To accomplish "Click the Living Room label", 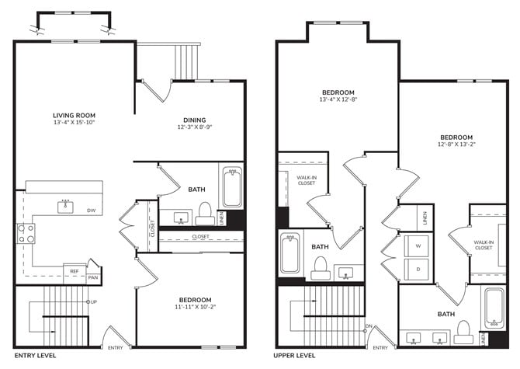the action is pyautogui.click(x=74, y=116).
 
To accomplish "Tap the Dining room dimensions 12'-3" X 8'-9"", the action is pyautogui.click(x=195, y=127).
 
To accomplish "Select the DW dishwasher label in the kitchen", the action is pyautogui.click(x=92, y=211).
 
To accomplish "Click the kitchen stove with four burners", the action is pyautogui.click(x=26, y=234).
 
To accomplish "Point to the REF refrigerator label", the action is pyautogui.click(x=75, y=271).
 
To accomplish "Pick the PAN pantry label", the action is pyautogui.click(x=93, y=277).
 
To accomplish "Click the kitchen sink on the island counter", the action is pyautogui.click(x=66, y=207).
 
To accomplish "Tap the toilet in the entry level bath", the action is pyautogui.click(x=205, y=214).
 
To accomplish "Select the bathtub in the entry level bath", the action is pyautogui.click(x=232, y=187).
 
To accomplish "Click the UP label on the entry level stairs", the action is pyautogui.click(x=94, y=302).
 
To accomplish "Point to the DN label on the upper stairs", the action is pyautogui.click(x=369, y=326).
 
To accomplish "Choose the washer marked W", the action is pyautogui.click(x=418, y=246).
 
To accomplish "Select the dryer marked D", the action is pyautogui.click(x=418, y=269).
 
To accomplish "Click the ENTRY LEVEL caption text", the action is pyautogui.click(x=35, y=356).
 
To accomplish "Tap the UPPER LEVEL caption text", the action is pyautogui.click(x=294, y=356).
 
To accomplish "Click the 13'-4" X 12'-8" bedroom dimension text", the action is pyautogui.click(x=338, y=99).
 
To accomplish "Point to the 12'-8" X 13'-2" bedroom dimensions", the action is pyautogui.click(x=456, y=144).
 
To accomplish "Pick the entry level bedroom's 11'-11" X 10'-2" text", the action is pyautogui.click(x=196, y=307).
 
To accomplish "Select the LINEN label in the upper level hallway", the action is pyautogui.click(x=425, y=218).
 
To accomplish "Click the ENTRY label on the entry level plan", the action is pyautogui.click(x=116, y=348).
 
